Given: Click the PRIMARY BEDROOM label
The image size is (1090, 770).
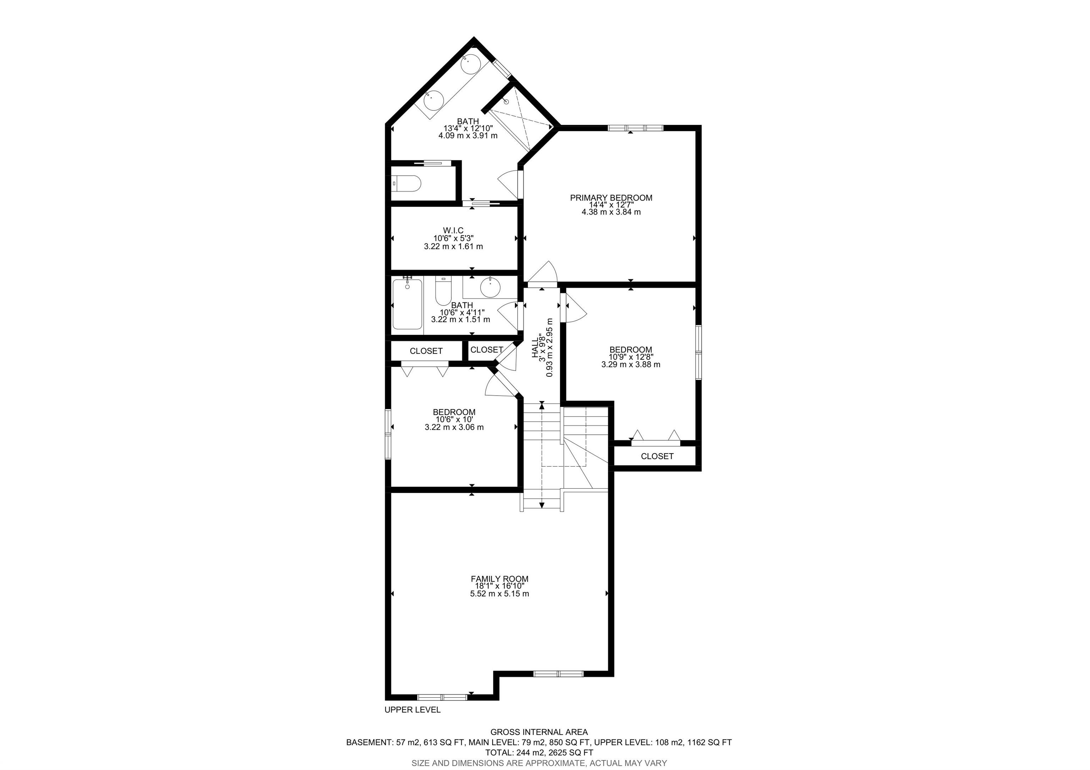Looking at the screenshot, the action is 611,198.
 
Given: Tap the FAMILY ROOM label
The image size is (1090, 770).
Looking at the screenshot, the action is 500,579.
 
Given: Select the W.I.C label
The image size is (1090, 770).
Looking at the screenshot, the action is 453,231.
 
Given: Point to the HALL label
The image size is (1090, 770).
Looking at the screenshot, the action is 535,348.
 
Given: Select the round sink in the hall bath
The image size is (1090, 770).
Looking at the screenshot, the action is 490,287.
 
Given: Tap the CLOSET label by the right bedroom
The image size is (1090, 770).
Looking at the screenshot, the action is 657,456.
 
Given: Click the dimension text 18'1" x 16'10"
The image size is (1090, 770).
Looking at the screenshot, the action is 500,586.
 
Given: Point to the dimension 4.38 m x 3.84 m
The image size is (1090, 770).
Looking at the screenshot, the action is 611,212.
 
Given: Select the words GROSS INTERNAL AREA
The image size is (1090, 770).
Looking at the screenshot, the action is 539,732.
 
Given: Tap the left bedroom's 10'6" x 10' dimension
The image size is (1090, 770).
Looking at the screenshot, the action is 454,420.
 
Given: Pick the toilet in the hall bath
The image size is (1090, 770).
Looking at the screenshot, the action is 443,291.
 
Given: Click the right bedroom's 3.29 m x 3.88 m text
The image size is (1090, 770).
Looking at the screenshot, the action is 631,364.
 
